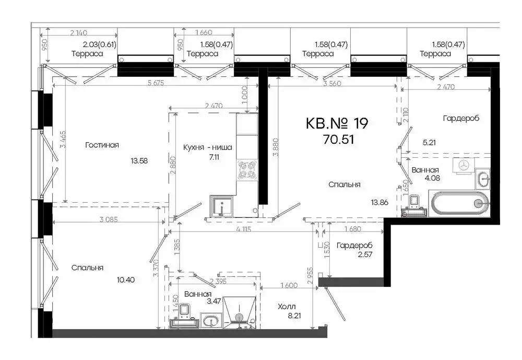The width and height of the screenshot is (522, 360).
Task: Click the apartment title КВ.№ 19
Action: click(x=337, y=123)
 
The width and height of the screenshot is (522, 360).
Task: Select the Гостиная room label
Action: click(x=102, y=145)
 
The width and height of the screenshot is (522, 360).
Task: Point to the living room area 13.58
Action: click(x=139, y=161)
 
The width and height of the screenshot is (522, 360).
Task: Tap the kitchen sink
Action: click(x=222, y=205)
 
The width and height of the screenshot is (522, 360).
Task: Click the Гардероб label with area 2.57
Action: click(x=353, y=246)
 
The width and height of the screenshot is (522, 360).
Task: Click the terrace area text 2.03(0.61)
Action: click(x=99, y=45)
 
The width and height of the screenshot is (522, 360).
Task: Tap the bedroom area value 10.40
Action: click(x=126, y=280)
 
